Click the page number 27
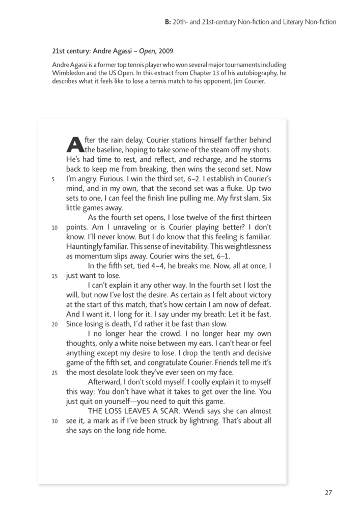tap(328, 492)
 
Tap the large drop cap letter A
tap(75, 144)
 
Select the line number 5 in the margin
tap(53, 179)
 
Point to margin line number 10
tap(54, 228)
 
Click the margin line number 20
tap(54, 324)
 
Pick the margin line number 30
tap(54, 420)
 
